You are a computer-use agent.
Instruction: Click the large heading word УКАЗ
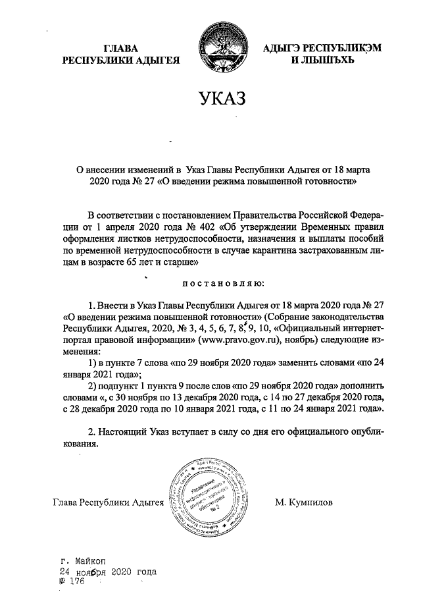coord(221,99)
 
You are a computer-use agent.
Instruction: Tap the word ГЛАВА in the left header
coord(122,49)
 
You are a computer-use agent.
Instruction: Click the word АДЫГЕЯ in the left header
coord(158,61)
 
